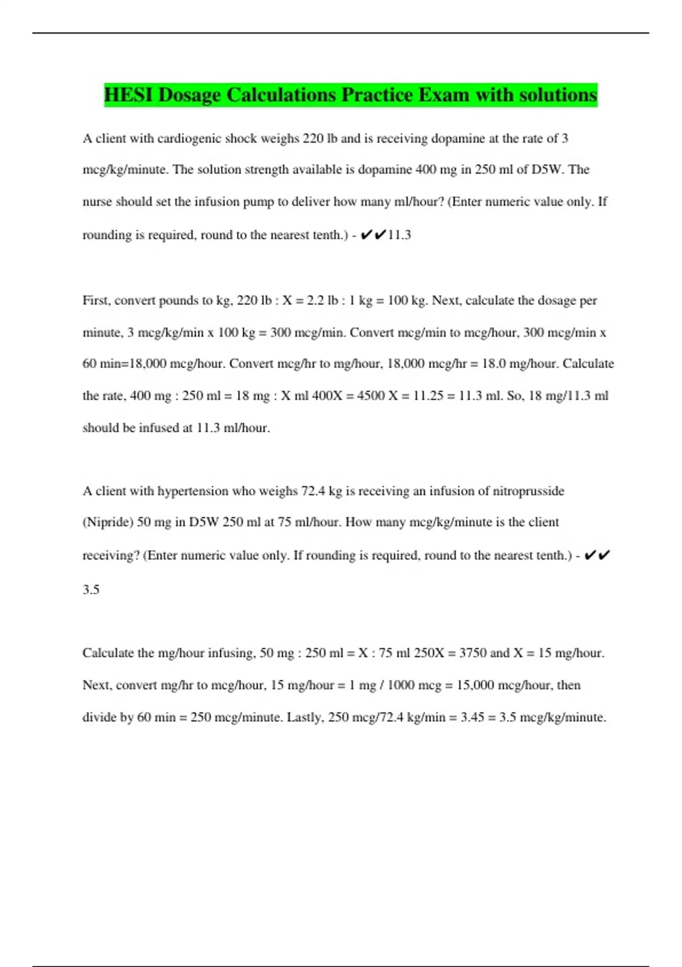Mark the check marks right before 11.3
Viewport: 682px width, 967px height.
point(373,234)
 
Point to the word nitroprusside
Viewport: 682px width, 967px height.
point(528,491)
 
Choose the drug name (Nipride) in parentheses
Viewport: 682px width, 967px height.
point(108,523)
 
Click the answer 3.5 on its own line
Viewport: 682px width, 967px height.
point(91,590)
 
